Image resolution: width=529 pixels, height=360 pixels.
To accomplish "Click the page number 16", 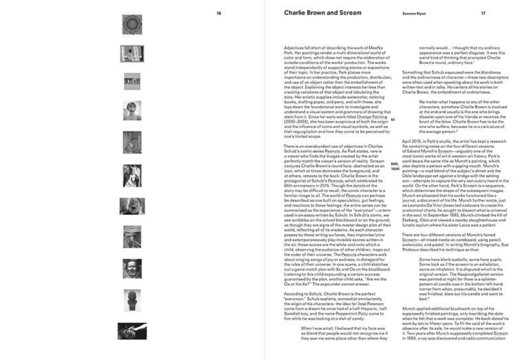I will pos(219,13).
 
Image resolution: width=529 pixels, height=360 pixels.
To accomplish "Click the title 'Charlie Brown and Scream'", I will pos(322,12).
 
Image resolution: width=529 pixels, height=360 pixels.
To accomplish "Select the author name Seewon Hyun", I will pos(415,13).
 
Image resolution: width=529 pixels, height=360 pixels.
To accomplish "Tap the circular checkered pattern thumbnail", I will pos(132,24).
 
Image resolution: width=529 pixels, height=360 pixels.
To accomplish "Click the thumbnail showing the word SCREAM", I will pos(132,81).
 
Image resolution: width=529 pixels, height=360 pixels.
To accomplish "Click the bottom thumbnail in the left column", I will pos(132,331).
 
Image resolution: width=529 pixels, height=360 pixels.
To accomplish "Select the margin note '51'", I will pos(393,120).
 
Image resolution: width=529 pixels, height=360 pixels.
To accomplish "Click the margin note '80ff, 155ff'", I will pos(395,167).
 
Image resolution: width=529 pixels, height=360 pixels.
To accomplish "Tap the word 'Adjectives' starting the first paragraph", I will pos(295,47).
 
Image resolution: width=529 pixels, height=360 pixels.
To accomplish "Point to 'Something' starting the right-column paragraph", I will pos(415,72).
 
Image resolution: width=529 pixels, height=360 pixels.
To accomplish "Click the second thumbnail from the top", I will pos(132,52).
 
